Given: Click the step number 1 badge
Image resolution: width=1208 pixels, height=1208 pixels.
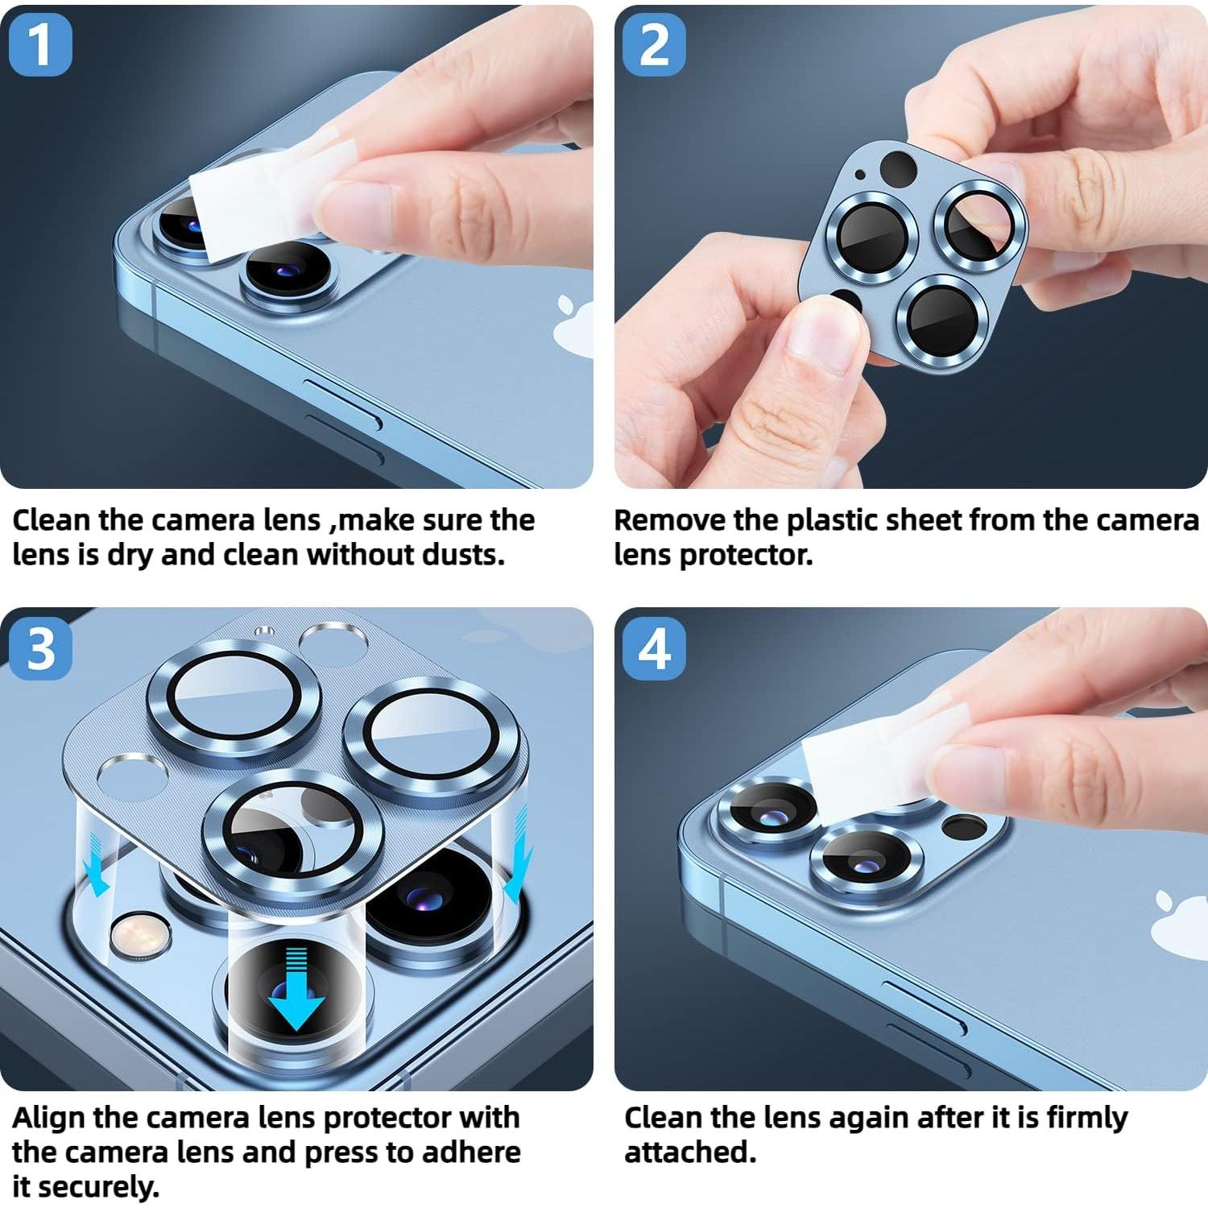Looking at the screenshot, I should pos(40,45).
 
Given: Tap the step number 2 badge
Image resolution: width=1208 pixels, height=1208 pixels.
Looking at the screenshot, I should pos(654,45).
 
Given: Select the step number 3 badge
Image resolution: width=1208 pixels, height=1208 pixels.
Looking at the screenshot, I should pos(40,648).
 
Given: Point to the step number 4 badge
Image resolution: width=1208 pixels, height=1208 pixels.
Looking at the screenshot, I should pos(654,648).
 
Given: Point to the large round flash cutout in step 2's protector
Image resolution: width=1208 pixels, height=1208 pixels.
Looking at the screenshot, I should pos(898,169).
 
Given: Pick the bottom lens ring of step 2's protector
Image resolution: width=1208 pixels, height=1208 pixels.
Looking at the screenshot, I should pos(941,320).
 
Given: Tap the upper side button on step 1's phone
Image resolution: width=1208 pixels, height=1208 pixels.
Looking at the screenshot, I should pos(342,400).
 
